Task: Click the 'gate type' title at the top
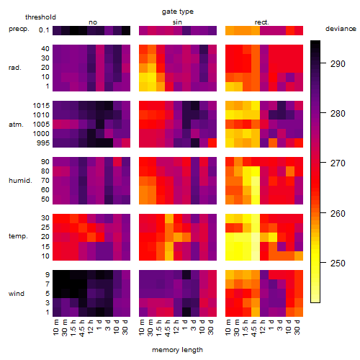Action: (178, 12)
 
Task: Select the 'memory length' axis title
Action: (177, 350)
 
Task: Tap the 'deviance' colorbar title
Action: (341, 29)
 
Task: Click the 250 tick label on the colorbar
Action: (338, 264)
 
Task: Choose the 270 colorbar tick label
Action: (338, 163)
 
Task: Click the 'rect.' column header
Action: (262, 22)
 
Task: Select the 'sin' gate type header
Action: (177, 22)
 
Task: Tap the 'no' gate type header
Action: (93, 22)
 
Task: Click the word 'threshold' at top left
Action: (40, 17)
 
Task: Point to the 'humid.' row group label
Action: (20, 181)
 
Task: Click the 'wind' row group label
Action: (17, 294)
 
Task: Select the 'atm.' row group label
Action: (16, 125)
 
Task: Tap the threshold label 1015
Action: (41, 106)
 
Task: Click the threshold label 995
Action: (43, 143)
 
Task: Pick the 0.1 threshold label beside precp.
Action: (44, 30)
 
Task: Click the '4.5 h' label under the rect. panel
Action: (253, 328)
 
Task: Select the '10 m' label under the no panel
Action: (55, 327)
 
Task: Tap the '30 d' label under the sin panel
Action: (211, 327)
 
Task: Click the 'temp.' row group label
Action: (18, 236)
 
